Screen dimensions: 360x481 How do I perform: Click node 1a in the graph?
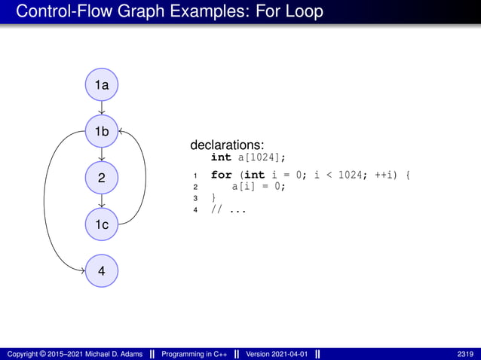pos(101,86)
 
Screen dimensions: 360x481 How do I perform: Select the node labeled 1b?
pos(101,132)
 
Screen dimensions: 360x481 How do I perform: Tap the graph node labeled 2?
pos(101,178)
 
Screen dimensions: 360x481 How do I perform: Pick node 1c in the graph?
pos(101,224)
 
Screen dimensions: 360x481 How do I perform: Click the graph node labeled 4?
pos(101,270)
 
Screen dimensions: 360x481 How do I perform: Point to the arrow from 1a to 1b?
pos(101,109)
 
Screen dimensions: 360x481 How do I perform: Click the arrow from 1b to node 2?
pos(101,155)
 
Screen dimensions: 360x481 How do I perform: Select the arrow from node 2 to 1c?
pos(101,201)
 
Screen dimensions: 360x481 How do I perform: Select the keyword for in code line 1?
pos(221,175)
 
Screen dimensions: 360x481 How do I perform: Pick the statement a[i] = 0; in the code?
pos(259,187)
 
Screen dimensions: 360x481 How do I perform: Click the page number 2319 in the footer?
pos(465,354)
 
